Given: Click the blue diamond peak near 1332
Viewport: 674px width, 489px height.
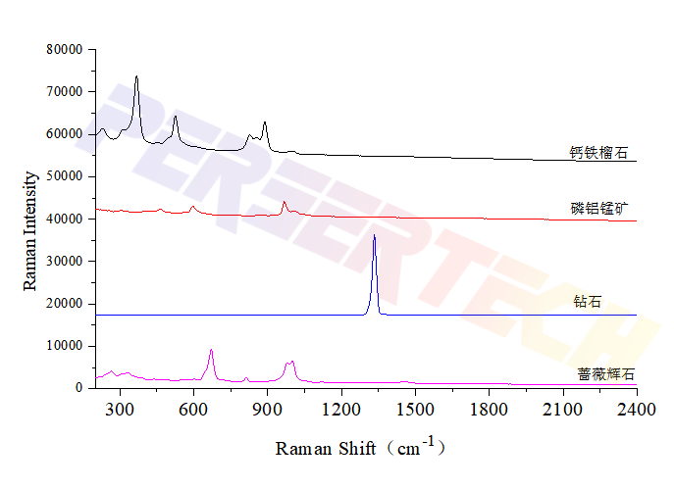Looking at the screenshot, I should pos(374,236).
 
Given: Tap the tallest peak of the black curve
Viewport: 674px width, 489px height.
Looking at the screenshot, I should pos(136,76).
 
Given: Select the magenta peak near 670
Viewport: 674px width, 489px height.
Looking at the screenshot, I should pos(211,351).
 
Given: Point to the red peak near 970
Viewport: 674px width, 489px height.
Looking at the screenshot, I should pos(285,202).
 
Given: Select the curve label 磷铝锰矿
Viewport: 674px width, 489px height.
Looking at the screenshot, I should pos(599,208).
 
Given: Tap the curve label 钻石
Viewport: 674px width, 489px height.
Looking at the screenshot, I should pos(588,302).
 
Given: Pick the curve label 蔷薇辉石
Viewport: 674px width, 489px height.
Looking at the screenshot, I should pos(605,374).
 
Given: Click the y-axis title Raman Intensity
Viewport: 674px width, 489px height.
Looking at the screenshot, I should pos(30,230).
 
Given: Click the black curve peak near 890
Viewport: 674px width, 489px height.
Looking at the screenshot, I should pos(265,122).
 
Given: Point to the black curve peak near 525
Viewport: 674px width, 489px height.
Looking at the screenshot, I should pos(176,117).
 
